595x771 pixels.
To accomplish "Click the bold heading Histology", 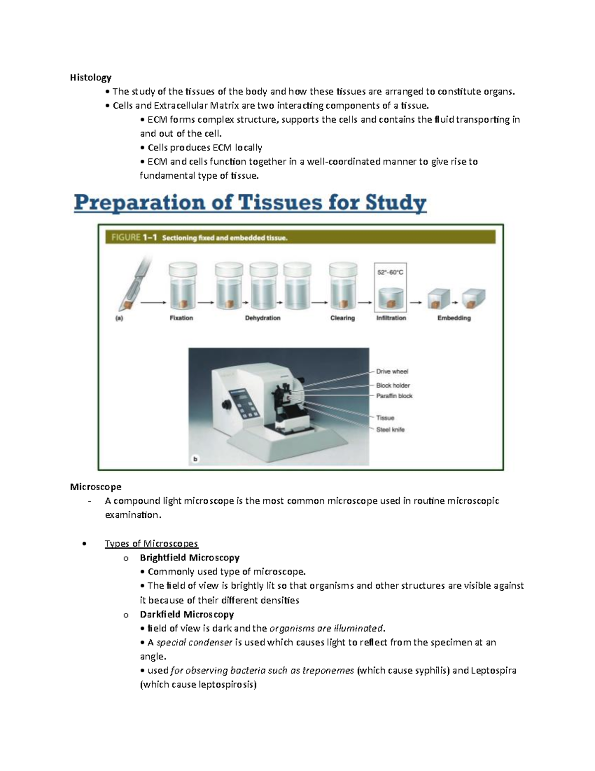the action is pos(91,78).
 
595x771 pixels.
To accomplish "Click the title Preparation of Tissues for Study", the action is pos(250,204).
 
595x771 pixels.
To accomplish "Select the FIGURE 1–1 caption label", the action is pos(199,238).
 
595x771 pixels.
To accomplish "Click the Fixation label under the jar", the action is pos(181,318).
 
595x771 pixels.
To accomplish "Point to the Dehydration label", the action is pos(263,318).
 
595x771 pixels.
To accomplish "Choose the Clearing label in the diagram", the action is pos(342,318).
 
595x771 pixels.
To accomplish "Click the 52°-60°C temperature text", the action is pos(390,273).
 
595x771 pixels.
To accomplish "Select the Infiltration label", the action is pos(391,318).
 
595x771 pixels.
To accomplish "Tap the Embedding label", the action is pos(454,318).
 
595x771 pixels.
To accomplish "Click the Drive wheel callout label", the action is pos(392,371).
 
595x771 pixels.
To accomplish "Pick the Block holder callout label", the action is pos(393,385).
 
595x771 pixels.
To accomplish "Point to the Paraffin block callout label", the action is pos(394,396).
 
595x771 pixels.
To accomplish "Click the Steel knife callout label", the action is pos(390,429).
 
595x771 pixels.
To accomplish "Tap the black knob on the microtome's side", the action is pos(226,405).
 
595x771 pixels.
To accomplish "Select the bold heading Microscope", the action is pos(96,487).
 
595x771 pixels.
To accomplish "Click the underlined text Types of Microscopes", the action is pos(151,544).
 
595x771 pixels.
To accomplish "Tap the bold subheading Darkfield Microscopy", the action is pos(187,614).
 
